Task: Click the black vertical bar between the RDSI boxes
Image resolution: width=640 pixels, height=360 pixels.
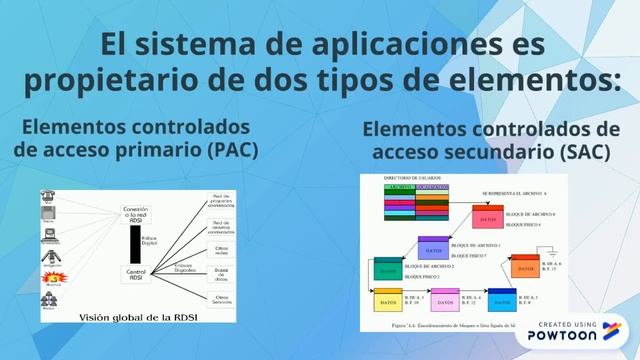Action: (x=136, y=244)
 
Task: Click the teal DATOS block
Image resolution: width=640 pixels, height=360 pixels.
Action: (x=387, y=269)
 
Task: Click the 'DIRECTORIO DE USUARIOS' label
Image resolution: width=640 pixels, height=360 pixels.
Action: (x=413, y=178)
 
